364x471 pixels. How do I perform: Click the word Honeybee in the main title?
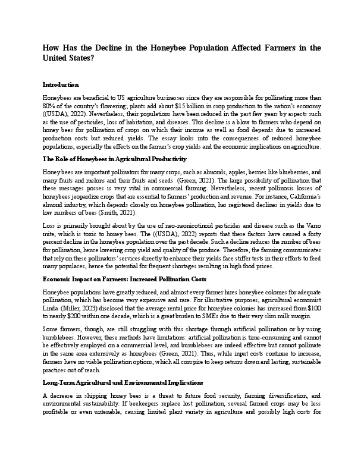tap(159, 48)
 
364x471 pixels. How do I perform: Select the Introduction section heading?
tap(61, 85)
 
